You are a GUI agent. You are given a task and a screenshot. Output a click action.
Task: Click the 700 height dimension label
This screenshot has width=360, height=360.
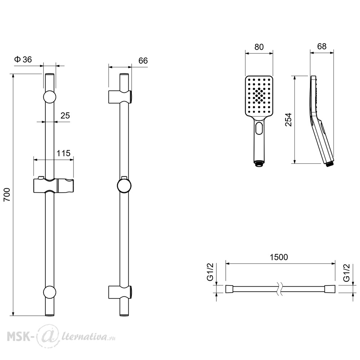click(7, 194)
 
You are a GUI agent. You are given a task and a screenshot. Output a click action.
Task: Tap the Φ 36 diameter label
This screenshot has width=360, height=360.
click(23, 60)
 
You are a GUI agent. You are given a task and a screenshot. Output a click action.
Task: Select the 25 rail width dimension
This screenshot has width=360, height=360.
click(65, 116)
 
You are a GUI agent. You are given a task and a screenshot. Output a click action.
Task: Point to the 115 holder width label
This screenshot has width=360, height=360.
click(64, 153)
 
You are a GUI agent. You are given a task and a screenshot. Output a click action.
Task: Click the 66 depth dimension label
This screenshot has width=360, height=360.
click(143, 61)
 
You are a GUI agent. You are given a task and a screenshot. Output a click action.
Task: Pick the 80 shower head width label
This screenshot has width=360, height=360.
click(259, 47)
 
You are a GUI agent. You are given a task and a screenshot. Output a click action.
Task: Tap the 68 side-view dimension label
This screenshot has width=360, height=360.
click(321, 46)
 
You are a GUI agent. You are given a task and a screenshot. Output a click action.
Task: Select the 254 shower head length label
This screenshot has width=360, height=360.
click(288, 120)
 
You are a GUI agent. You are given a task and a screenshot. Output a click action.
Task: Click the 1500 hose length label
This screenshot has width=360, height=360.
click(279, 257)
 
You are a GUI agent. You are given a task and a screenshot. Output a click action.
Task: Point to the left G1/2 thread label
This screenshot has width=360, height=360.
click(210, 272)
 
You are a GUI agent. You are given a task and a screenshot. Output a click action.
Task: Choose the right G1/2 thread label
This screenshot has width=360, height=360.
click(346, 273)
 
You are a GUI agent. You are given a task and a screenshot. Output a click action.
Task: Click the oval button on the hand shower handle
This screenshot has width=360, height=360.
click(259, 128)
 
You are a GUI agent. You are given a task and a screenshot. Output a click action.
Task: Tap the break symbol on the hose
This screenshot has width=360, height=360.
click(279, 289)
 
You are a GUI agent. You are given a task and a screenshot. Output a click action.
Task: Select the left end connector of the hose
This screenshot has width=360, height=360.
click(229, 289)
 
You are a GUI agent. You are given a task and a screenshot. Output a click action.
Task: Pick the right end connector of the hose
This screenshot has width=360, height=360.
click(330, 289)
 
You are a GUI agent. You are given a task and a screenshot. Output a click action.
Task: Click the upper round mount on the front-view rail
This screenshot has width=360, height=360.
click(50, 97)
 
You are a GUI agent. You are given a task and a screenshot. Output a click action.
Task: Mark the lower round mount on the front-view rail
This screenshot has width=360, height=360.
click(50, 292)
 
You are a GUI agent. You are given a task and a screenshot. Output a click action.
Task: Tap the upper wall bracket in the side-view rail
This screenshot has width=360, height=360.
click(120, 97)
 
